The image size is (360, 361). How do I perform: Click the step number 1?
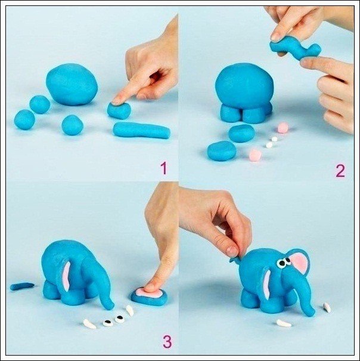[163, 168]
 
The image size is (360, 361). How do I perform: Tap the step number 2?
[340, 171]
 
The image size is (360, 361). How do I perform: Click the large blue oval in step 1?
[72, 84]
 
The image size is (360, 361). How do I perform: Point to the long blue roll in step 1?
[141, 131]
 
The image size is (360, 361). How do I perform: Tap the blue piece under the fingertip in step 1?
[119, 110]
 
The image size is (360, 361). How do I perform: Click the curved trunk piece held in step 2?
[295, 49]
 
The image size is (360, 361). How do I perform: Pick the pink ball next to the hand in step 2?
[283, 128]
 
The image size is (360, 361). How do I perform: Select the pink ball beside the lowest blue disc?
[255, 155]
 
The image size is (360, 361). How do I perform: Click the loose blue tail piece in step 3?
[22, 286]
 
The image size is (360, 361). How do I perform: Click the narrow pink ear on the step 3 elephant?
[66, 276]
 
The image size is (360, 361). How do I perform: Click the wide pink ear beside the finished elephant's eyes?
[299, 262]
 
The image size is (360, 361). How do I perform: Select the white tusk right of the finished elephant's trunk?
[327, 307]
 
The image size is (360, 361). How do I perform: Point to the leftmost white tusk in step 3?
[89, 324]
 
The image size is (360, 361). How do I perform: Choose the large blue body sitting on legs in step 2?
[245, 86]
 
